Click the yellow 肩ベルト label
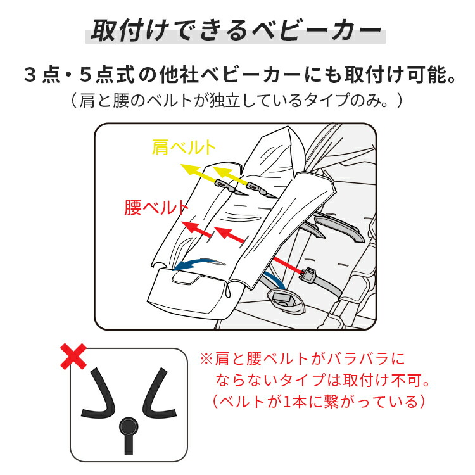(184, 148)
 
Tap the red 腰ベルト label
(156, 208)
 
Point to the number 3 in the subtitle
(29, 76)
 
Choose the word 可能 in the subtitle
(431, 76)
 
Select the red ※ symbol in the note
(206, 360)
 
